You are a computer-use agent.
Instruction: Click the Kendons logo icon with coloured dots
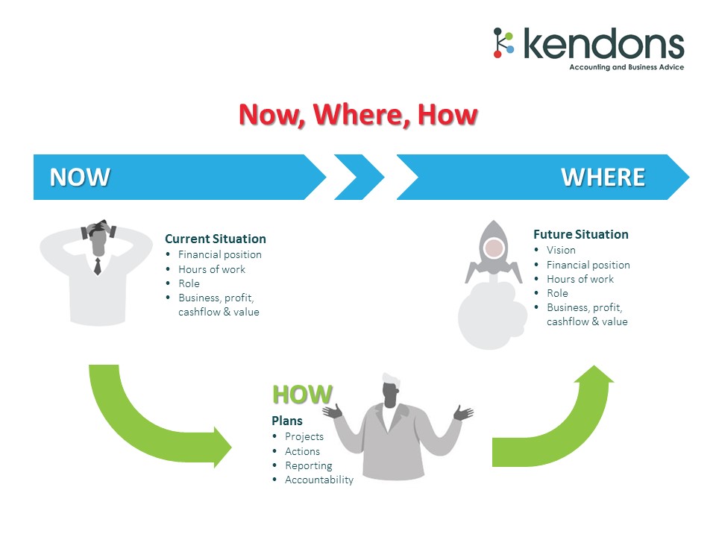503,43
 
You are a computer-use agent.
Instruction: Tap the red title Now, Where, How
358,115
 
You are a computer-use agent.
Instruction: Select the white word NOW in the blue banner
80,178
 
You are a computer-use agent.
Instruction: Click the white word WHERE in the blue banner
603,178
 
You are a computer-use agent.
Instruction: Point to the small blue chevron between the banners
359,178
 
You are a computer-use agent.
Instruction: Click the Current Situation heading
215,239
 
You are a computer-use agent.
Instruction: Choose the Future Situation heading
581,234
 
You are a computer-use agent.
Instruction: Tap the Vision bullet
561,251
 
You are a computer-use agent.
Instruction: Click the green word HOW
302,395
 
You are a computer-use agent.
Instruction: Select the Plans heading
286,421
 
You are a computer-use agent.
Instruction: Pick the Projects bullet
304,436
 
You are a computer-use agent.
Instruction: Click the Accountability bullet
319,480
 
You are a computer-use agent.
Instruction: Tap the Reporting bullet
309,465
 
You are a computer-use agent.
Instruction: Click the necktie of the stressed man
97,266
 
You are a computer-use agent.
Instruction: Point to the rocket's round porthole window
493,248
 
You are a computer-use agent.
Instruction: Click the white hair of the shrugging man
392,380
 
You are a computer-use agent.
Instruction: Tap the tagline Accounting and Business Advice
626,67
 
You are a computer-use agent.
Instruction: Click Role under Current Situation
189,283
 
